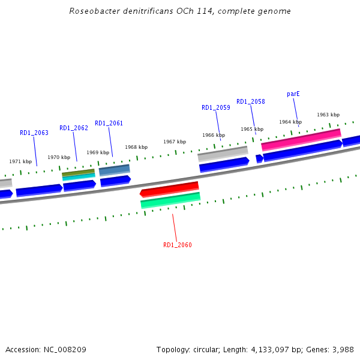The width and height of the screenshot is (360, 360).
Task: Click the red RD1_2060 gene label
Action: [178, 245]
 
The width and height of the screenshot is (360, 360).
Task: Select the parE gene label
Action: [293, 94]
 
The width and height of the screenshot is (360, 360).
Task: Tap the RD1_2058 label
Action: [250, 102]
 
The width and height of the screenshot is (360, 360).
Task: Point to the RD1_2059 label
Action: [215, 108]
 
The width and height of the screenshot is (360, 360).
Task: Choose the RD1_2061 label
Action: [109, 124]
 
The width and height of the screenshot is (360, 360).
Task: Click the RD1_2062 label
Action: [73, 128]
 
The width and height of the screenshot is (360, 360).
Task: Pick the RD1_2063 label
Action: [34, 133]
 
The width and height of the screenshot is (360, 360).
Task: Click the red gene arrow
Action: [169, 190]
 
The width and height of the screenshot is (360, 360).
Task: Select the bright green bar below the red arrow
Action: [170, 200]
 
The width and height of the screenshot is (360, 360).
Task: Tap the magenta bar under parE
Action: [301, 140]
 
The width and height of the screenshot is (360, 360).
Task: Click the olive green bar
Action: [78, 173]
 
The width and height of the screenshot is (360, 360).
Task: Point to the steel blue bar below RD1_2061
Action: [114, 170]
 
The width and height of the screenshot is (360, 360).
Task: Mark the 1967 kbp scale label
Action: [175, 142]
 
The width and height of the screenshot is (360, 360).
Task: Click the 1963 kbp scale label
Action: [328, 115]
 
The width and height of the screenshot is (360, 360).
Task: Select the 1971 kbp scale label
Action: [20, 161]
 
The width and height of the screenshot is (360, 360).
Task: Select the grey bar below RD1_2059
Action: [223, 154]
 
